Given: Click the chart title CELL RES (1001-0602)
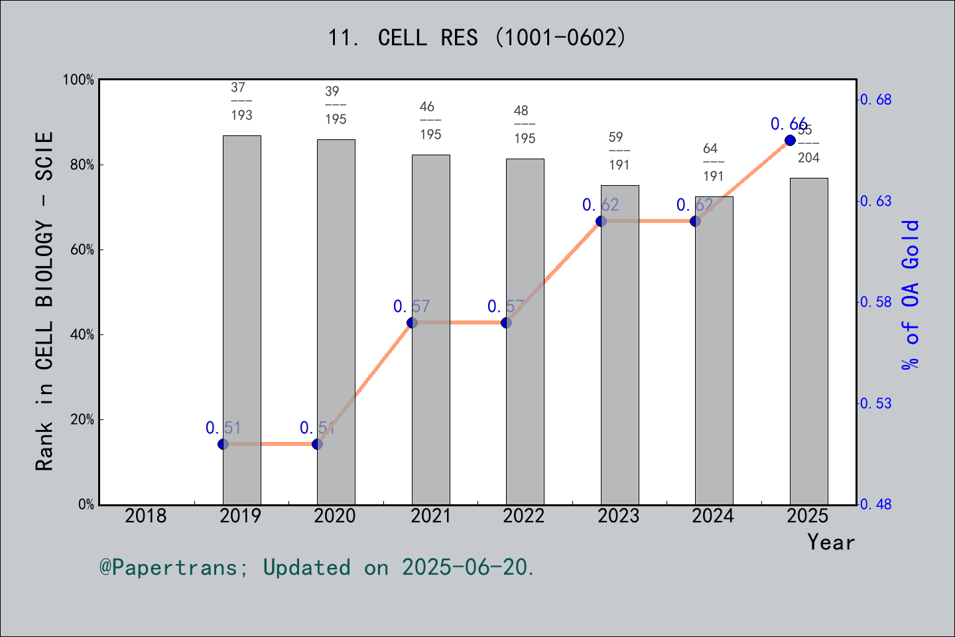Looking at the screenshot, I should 477,38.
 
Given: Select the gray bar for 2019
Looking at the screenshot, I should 241,318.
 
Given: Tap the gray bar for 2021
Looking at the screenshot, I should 430,332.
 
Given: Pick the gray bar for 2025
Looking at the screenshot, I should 808,342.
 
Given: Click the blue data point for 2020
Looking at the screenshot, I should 317,444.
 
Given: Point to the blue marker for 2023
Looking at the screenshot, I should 601,221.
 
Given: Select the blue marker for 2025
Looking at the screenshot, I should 790,140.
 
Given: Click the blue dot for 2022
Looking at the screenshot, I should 506,322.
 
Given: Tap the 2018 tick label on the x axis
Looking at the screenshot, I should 146,516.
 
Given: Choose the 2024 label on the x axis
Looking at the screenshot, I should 713,516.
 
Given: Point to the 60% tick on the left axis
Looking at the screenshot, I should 82,250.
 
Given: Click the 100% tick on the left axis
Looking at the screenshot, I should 79,80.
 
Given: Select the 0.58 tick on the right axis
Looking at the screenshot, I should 876,303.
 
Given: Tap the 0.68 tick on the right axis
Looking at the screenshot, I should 876,100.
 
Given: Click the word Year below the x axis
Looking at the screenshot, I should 830,542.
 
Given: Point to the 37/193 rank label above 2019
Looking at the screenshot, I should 241,101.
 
